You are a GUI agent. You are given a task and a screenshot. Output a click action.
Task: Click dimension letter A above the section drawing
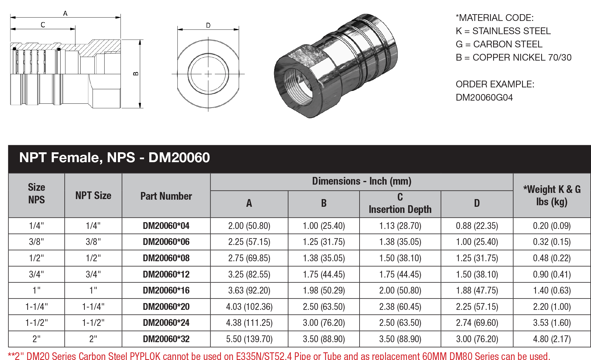[65, 13]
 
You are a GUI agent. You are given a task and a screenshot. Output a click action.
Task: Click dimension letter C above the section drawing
[43, 25]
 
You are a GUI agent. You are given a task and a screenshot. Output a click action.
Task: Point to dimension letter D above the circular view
[208, 25]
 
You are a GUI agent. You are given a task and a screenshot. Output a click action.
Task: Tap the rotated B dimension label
[136, 74]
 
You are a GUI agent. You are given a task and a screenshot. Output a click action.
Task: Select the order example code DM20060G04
[484, 98]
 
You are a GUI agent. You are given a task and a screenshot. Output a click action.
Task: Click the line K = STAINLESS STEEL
[503, 31]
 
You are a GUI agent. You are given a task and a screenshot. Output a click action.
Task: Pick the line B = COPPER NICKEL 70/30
[513, 58]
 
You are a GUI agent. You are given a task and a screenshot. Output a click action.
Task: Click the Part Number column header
[166, 196]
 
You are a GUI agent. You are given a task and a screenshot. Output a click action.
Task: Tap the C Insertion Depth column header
[400, 203]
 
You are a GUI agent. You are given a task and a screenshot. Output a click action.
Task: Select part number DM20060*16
[166, 290]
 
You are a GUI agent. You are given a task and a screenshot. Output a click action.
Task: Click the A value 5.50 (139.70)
[249, 339]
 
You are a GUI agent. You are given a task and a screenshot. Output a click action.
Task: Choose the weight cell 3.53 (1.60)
[552, 323]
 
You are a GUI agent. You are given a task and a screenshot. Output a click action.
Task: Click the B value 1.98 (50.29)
[324, 290]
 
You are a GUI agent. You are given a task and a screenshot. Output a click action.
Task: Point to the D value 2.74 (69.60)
[476, 323]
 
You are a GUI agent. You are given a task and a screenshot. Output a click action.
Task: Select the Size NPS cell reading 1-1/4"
[36, 307]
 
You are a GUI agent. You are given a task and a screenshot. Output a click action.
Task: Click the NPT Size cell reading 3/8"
[93, 242]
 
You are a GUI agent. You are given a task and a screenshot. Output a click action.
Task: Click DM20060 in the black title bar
[179, 158]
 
